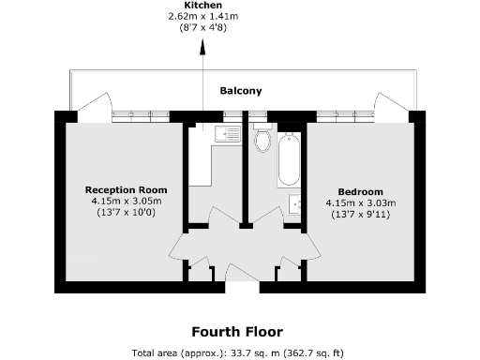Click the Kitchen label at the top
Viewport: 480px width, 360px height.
(x=203, y=5)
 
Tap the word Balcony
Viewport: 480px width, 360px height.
(x=240, y=91)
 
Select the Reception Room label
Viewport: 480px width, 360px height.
(x=127, y=189)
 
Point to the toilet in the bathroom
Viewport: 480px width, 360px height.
(x=263, y=142)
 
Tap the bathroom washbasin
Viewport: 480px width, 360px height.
(x=295, y=203)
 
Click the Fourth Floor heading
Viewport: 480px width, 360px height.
(x=237, y=332)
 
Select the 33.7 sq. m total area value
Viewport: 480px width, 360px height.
(x=245, y=352)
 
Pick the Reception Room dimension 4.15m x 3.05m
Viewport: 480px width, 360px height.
(x=127, y=201)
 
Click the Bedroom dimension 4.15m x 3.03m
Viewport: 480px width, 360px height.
(x=361, y=202)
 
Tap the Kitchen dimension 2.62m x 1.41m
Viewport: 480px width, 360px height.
(x=203, y=16)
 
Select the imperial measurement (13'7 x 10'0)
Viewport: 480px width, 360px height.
(x=127, y=213)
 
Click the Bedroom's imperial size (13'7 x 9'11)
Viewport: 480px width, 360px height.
(x=361, y=215)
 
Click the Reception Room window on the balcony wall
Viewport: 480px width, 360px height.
(x=140, y=116)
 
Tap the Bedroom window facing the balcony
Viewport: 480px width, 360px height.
(x=343, y=116)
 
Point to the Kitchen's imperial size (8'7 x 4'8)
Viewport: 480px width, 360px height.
(x=203, y=27)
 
